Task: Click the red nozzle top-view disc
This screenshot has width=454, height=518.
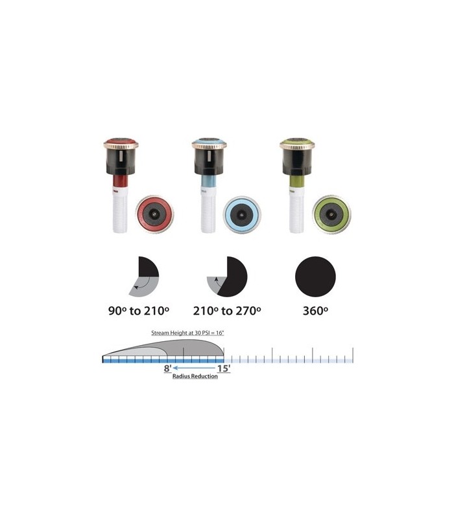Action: tap(154, 214)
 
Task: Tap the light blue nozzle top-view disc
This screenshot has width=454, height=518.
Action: tap(242, 214)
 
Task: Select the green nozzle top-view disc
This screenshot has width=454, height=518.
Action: tap(331, 214)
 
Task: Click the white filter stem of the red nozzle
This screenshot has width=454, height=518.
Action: tap(120, 210)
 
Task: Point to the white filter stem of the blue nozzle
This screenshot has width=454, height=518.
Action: tap(208, 210)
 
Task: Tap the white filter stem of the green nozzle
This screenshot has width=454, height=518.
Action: tap(296, 210)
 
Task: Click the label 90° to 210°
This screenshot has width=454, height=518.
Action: tap(139, 311)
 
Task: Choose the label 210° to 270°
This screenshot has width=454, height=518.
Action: tap(227, 311)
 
